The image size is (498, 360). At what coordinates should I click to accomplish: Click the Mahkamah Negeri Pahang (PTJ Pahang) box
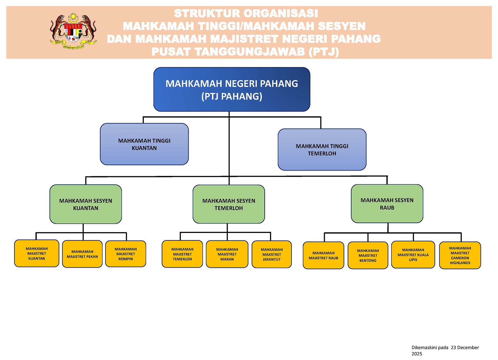pyautogui.click(x=232, y=89)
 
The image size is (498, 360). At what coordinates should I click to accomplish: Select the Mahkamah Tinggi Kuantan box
pyautogui.click(x=144, y=144)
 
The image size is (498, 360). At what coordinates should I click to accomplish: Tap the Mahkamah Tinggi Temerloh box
pyautogui.click(x=322, y=149)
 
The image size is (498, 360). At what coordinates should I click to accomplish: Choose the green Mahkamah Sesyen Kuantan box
pyautogui.click(x=86, y=204)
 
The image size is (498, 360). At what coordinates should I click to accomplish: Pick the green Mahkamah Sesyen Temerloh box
pyautogui.click(x=229, y=204)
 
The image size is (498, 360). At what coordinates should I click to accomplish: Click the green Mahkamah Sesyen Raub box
pyautogui.click(x=387, y=204)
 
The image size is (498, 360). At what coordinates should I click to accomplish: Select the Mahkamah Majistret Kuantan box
pyautogui.click(x=37, y=253)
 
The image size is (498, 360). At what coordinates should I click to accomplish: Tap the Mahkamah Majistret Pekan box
pyautogui.click(x=82, y=254)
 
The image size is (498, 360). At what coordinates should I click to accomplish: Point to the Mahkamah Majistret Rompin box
pyautogui.click(x=126, y=254)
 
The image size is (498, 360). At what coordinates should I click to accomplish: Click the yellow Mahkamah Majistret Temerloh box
pyautogui.click(x=182, y=254)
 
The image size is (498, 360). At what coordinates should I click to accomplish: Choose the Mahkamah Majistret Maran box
pyautogui.click(x=227, y=254)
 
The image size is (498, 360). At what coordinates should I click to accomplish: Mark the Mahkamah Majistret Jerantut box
pyautogui.click(x=272, y=254)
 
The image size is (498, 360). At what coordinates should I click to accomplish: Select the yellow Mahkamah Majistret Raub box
pyautogui.click(x=323, y=255)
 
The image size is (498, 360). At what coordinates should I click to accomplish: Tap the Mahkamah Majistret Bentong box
pyautogui.click(x=368, y=255)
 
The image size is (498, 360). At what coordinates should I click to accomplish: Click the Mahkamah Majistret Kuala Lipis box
pyautogui.click(x=413, y=255)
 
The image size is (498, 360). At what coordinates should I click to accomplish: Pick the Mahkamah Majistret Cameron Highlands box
pyautogui.click(x=460, y=255)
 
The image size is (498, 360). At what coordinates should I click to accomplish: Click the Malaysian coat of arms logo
pyautogui.click(x=73, y=31)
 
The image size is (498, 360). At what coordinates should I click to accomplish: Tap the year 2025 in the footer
pyautogui.click(x=417, y=354)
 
